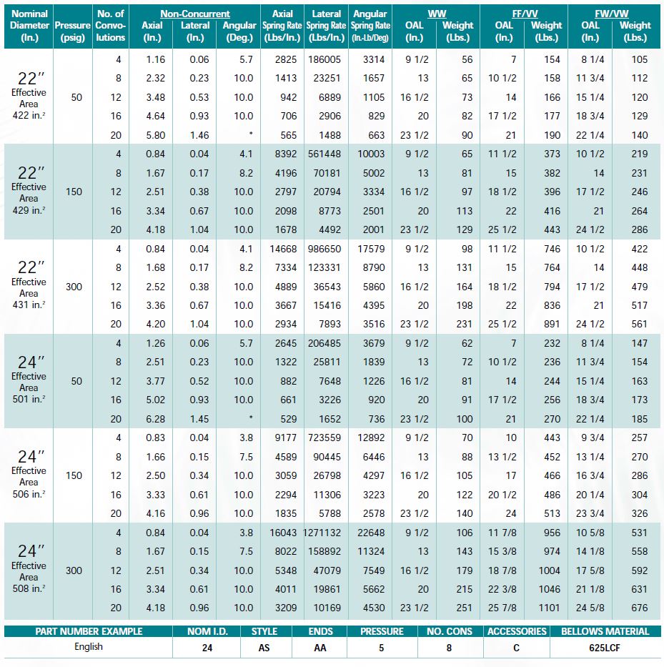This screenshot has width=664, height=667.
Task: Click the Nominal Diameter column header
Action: tap(29, 25)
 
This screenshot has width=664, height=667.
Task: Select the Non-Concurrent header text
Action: tap(194, 14)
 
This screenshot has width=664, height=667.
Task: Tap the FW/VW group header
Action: tap(611, 14)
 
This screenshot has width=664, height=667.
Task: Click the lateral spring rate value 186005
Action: tap(327, 59)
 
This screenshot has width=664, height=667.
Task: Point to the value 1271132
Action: tap(327, 533)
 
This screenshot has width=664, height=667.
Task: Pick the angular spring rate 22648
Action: tap(370, 533)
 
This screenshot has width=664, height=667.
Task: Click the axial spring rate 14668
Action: tap(282, 249)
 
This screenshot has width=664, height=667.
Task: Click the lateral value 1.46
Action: tap(199, 134)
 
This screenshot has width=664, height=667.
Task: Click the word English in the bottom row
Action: tap(89, 646)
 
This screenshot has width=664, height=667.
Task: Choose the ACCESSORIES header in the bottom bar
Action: tap(516, 631)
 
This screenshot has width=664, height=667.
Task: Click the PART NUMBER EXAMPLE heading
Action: tap(89, 631)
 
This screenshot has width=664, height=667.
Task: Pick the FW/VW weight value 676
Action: tap(639, 608)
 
